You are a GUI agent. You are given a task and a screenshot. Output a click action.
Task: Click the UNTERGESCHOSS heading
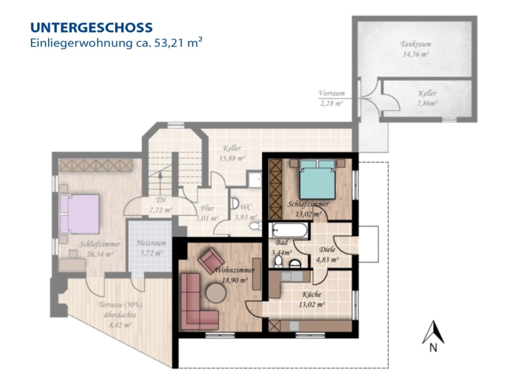point(91,27)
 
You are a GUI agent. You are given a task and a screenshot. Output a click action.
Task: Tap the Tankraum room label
point(416,44)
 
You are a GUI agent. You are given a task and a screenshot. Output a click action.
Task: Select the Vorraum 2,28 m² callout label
point(331,98)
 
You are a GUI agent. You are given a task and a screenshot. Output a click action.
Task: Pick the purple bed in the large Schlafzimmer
point(79,214)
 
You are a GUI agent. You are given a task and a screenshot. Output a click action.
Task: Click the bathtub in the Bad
point(288,230)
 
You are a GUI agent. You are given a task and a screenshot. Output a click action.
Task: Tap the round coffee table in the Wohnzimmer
point(216,293)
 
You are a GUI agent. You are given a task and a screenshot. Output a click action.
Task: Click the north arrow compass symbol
point(433,335)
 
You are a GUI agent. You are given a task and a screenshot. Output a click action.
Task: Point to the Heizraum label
point(151,243)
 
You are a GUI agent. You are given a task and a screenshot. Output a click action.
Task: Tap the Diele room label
point(327,250)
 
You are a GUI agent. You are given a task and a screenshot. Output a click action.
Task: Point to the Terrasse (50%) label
point(121,305)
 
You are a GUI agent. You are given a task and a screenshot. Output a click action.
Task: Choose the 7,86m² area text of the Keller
point(427,104)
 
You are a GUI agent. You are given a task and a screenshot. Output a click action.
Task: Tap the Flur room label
point(207,208)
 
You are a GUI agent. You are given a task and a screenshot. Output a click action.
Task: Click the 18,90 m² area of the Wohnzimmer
point(235,281)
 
